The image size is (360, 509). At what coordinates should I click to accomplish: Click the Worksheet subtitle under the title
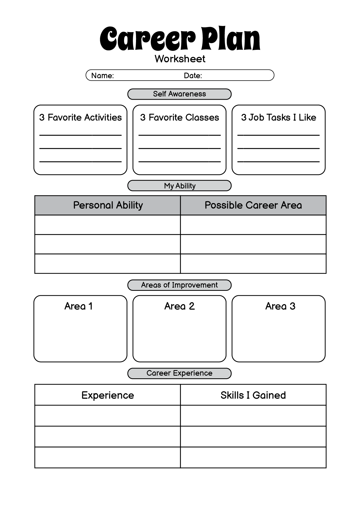pos(180,59)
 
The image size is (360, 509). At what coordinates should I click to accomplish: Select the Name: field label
pos(103,76)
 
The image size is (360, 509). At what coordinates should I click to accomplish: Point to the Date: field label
pos(193,76)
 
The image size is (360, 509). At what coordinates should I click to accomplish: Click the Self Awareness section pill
pos(179,94)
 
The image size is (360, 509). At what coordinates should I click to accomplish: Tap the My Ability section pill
pos(179,186)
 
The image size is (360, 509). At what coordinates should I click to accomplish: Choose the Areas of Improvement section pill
pos(179,285)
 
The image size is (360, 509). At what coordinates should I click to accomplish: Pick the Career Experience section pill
pos(179,373)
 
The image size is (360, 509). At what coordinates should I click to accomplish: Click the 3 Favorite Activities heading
pos(81,117)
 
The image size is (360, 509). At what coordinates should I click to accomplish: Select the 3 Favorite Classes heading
pos(180,117)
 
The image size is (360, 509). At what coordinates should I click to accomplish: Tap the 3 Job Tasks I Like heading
pos(279,117)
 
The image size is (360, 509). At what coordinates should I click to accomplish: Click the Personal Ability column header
pos(108,205)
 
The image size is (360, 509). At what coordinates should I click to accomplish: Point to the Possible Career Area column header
pos(253,205)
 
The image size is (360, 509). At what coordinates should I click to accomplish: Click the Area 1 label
pos(79,306)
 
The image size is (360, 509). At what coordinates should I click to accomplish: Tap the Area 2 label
pos(179,306)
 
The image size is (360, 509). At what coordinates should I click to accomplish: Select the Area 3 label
pos(280,306)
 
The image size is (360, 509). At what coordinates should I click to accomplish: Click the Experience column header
pos(108,395)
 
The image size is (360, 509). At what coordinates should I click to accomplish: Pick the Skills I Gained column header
pos(253,395)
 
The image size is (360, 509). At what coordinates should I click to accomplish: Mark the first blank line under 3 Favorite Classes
pos(179,135)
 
